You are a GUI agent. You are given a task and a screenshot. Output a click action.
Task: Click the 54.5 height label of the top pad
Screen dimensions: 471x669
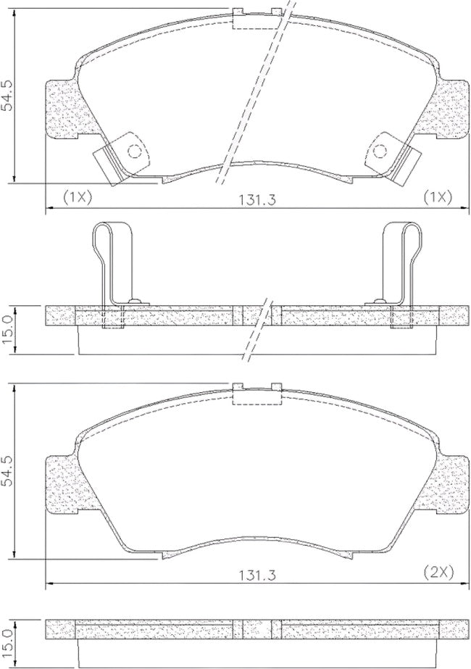(x=8, y=95)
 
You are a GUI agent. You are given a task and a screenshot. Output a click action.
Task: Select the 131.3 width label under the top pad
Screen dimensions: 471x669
(x=258, y=199)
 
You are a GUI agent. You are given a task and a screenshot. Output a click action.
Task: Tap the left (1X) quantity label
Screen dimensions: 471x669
(x=78, y=197)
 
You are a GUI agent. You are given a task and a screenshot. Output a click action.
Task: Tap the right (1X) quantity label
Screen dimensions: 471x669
(x=437, y=197)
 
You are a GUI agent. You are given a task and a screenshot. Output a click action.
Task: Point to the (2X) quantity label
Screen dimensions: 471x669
(x=438, y=571)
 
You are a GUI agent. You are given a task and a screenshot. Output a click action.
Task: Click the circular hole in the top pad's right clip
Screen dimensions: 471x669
(x=379, y=151)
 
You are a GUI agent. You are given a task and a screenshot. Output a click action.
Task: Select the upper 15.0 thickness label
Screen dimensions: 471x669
(x=8, y=330)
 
